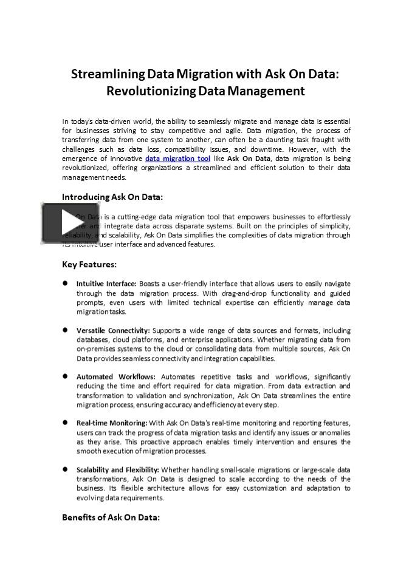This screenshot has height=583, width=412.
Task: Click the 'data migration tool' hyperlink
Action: click(177, 159)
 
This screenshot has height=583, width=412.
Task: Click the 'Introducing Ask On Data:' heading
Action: click(112, 197)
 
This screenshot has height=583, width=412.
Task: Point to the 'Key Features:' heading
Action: click(89, 264)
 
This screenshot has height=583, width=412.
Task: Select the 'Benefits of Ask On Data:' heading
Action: click(111, 517)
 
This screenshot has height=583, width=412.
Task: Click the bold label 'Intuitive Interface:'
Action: click(106, 284)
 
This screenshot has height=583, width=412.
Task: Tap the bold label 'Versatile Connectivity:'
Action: click(113, 330)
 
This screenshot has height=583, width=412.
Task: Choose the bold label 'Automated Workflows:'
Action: click(115, 377)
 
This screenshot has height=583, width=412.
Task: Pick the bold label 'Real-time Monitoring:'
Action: click(112, 423)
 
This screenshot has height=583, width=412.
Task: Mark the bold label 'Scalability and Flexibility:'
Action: click(117, 469)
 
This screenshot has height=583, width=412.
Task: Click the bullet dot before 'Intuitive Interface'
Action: click(65, 283)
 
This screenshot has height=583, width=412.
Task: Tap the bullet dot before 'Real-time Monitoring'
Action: click(65, 422)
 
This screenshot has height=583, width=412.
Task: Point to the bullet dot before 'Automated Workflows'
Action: click(65, 376)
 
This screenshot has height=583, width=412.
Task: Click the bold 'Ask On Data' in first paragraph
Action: click(249, 159)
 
